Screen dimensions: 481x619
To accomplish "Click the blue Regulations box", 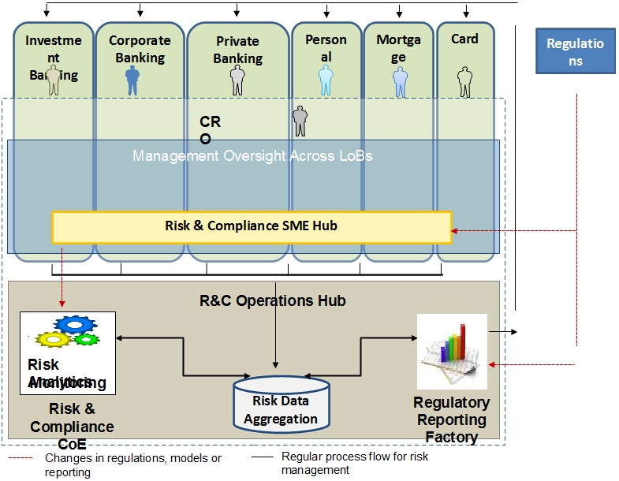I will tap(576, 52).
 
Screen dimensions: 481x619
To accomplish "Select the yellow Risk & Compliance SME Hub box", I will tap(252, 226).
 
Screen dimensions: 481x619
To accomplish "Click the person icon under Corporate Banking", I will tap(132, 80).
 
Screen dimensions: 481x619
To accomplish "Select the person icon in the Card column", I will tap(464, 81).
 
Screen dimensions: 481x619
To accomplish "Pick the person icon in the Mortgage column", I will tap(400, 81).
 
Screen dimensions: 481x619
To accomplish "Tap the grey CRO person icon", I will tap(300, 121).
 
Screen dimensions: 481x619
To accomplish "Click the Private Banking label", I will tap(237, 49).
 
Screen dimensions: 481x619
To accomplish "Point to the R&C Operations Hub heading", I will tap(272, 300).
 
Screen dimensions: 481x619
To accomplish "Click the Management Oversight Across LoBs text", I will tap(252, 156).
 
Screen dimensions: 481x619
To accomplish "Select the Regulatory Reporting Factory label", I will tap(452, 419).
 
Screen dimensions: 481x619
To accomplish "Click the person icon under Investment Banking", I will tap(54, 80).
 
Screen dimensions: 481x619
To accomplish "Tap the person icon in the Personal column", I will tap(326, 81).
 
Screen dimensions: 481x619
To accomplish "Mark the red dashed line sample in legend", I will tap(21, 457).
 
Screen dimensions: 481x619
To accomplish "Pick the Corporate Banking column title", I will tap(140, 49).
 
